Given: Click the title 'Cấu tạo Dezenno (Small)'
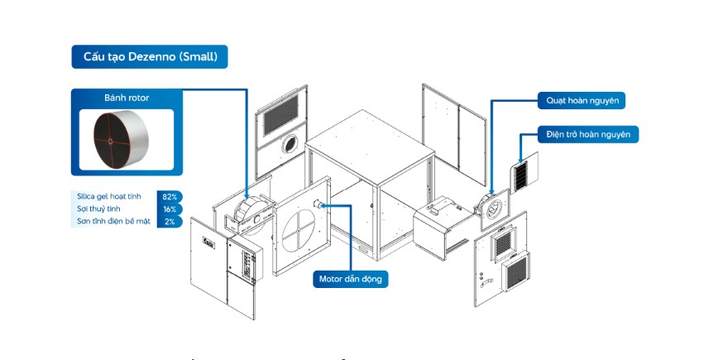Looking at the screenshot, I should tap(150, 57).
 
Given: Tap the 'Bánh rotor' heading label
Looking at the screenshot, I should tap(127, 98).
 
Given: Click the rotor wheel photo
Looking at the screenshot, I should tap(127, 138).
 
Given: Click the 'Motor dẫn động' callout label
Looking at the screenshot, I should tap(351, 280).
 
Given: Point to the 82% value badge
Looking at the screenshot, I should tap(170, 197).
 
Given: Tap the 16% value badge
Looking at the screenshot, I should tap(170, 209).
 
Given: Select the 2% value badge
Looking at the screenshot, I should tap(170, 222).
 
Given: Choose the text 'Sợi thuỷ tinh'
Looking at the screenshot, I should tap(92, 209).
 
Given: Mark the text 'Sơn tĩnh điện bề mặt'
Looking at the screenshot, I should tap(113, 222).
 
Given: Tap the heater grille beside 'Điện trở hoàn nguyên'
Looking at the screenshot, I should tap(520, 177).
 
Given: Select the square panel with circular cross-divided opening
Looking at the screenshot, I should tap(300, 231).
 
